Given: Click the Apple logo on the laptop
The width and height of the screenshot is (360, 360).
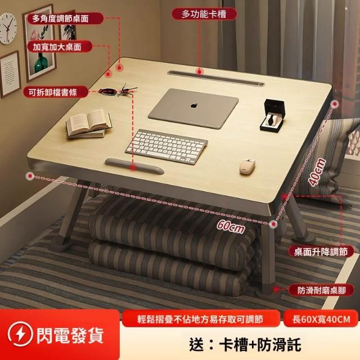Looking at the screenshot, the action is coord(194,106).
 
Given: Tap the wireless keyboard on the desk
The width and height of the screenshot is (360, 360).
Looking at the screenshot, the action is coord(167,146).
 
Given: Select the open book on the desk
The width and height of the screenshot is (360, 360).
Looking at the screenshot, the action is coord(89,124).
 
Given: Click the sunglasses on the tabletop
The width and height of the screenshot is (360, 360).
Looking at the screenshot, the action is coord(118,90).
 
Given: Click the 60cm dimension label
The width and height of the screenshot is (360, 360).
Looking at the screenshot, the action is coord(231,226).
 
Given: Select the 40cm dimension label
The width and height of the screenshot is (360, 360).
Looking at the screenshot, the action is coord(317,171).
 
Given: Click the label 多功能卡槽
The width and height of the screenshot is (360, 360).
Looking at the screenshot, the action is coord(204,14).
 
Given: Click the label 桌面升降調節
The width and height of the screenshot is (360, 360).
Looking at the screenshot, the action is coord(321,251).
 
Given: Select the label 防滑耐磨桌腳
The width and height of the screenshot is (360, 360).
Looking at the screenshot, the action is coord(321,290).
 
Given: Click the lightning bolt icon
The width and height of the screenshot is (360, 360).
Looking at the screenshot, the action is coord(20,334).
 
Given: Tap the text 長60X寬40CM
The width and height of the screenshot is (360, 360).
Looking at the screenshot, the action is coord(321,319).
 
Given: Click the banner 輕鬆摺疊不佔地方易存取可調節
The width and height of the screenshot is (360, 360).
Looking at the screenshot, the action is coord(200,319).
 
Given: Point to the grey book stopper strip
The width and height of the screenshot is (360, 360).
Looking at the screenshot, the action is coord(134,165).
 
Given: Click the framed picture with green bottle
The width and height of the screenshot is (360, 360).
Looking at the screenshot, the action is coord(39,43).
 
